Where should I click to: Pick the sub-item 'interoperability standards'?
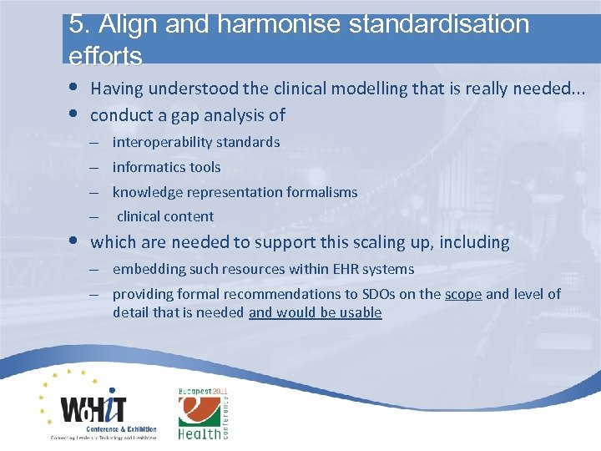tap(196, 142)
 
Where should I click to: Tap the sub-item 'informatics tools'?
tap(167, 167)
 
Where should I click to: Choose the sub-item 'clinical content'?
tap(165, 216)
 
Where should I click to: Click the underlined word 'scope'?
tap(463, 294)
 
